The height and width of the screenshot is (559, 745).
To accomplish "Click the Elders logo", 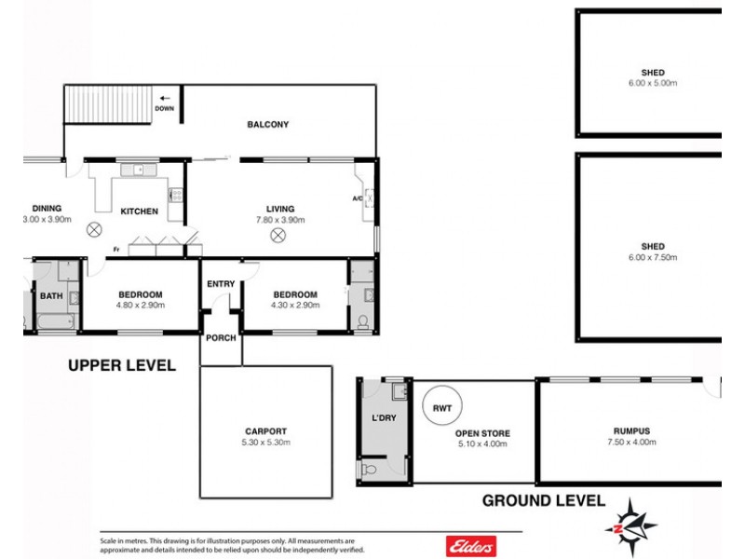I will click(x=472, y=545).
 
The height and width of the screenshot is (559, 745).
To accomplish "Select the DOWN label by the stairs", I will click(x=165, y=108).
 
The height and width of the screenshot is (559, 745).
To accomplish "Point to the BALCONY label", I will click(x=267, y=124).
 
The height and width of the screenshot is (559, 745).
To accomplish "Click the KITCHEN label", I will click(x=139, y=211).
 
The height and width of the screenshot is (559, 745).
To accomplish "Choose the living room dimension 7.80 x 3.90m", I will click(x=279, y=220).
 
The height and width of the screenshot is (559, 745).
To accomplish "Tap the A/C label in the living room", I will click(x=357, y=198).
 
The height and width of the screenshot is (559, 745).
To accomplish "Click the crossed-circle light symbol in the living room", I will click(x=278, y=236).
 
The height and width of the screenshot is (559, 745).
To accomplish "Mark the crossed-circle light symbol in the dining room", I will click(x=93, y=229).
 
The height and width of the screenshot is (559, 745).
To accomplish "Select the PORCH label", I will click(x=222, y=337).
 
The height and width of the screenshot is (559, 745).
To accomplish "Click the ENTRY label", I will click(x=221, y=283).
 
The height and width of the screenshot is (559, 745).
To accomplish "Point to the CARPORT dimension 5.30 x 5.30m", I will click(x=266, y=443).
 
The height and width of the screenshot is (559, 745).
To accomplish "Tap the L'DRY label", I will click(x=384, y=418).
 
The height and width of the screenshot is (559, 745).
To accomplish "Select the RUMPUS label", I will click(x=630, y=430).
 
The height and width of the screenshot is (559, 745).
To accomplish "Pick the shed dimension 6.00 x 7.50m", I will click(x=653, y=257).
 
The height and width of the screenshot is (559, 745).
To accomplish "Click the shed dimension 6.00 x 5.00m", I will click(x=653, y=83).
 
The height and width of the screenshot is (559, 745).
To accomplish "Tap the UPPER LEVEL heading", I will click(x=122, y=366).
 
